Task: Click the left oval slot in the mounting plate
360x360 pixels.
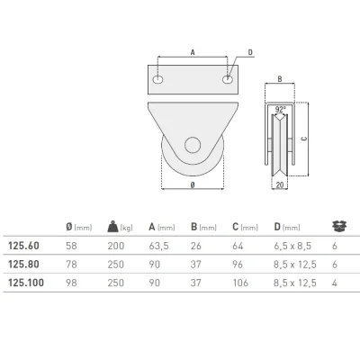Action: point(157,79)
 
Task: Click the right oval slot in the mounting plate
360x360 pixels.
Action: point(227,79)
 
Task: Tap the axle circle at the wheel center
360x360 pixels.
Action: point(193,145)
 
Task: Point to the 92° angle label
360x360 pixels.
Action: point(280,110)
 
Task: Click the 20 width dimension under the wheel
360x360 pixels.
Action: point(280,185)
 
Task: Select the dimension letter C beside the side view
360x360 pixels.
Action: point(304,139)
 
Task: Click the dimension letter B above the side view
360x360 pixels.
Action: point(280,79)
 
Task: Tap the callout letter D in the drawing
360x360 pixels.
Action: point(250,53)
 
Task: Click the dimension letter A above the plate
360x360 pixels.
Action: point(193,52)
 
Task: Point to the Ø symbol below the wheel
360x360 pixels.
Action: point(193,185)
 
